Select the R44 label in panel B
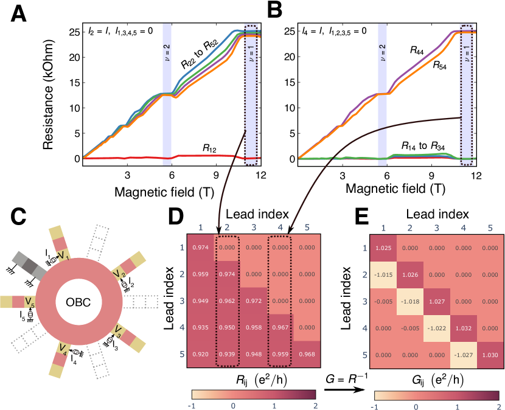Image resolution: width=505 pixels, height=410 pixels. pos(418,52)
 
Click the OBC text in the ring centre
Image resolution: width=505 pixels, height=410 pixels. pos(82,302)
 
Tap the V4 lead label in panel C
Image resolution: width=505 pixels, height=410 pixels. pos(62,349)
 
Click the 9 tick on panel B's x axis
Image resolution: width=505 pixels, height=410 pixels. pos(431,174)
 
